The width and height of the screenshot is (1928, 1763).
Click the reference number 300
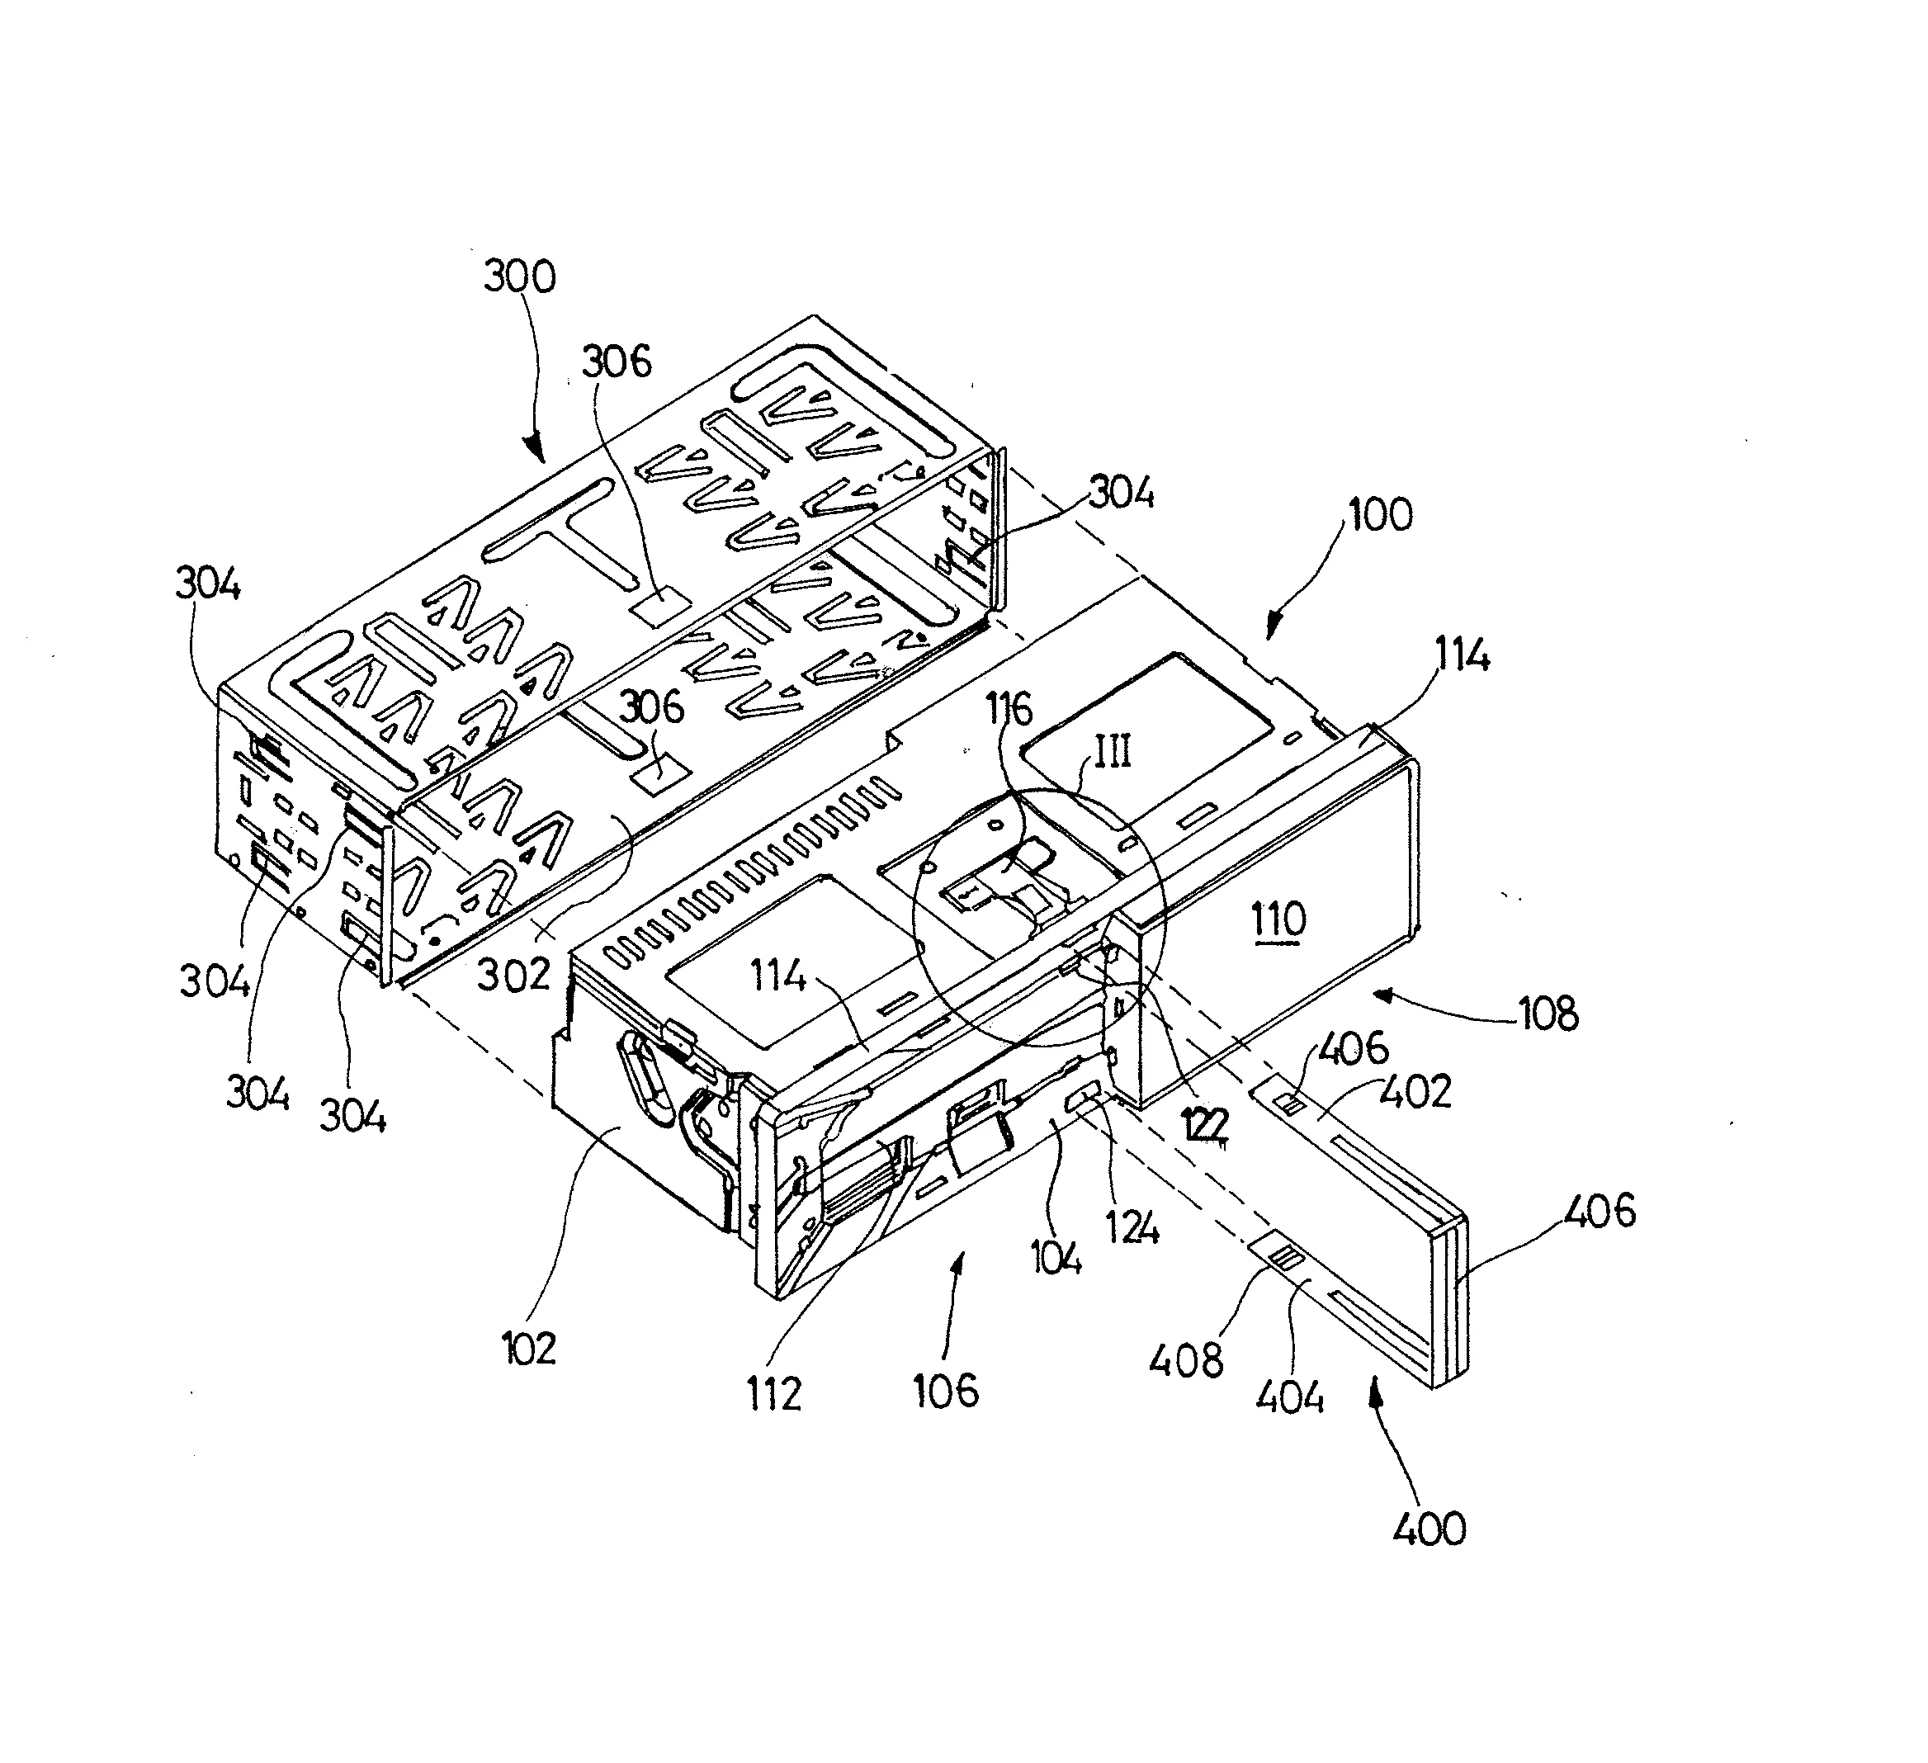coord(519,277)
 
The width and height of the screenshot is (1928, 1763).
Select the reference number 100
coord(1379,516)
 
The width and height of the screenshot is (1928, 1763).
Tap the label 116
coord(1010,709)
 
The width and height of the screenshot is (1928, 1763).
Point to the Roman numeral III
coord(1113,752)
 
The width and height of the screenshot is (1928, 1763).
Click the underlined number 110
coord(1278,920)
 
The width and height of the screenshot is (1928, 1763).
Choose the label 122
coord(1204,1127)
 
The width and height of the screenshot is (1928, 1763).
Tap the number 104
coord(1056,1255)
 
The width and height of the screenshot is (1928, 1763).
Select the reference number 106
coord(946,1390)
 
